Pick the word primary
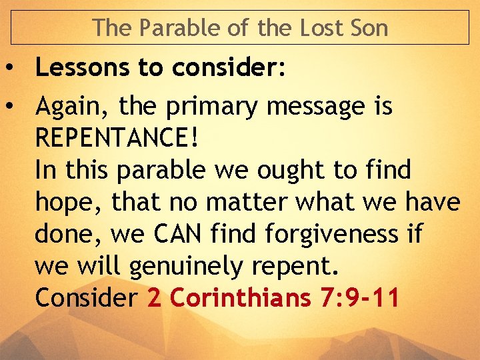tap(217, 106)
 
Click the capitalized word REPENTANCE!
tap(117, 138)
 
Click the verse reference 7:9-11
tap(359, 298)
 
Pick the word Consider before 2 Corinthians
tap(86, 298)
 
